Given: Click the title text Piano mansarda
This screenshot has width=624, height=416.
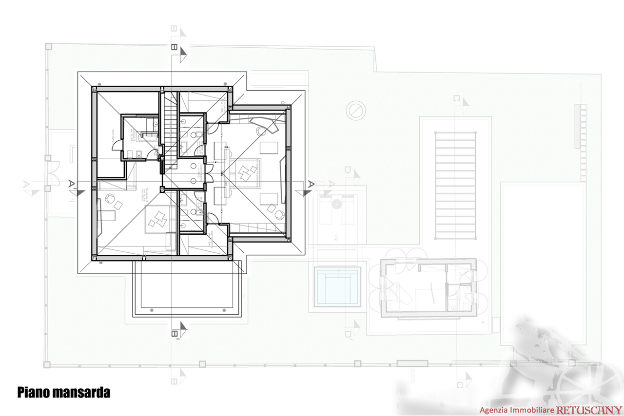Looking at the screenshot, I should (64, 393).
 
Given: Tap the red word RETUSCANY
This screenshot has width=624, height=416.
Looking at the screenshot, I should (589, 411).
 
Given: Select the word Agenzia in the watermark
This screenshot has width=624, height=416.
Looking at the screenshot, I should (494, 411).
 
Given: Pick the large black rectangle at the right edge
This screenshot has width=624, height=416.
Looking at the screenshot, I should (543, 263).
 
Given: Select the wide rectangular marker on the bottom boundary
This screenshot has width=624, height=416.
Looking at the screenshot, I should (412, 363).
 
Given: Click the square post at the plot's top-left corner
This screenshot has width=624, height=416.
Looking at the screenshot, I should (48, 46).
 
